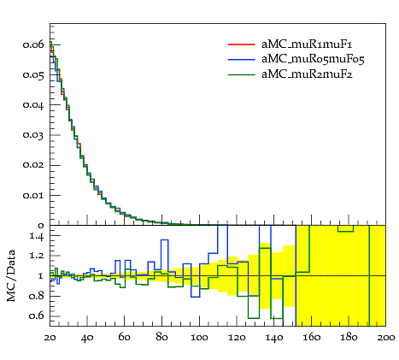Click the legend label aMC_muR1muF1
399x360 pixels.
tap(307, 44)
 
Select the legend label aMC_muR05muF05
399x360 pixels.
tap(313, 59)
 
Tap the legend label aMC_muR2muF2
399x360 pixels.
tap(307, 74)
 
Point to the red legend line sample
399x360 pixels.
tap(242, 44)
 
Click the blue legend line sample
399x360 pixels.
tap(242, 59)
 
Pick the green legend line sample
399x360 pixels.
tap(242, 74)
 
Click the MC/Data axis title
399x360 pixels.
tap(11, 276)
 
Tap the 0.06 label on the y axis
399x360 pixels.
tap(33, 44)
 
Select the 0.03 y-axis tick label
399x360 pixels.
tap(33, 135)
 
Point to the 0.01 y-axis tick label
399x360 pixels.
tap(33, 196)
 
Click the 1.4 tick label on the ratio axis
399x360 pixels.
tap(37, 236)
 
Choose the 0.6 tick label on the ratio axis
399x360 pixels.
tap(37, 316)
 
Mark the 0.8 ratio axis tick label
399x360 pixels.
tap(37, 296)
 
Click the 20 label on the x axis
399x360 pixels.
tap(50, 338)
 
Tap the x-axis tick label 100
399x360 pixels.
tap(199, 338)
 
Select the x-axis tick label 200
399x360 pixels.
tap(386, 338)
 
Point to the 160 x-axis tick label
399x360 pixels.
tap(311, 338)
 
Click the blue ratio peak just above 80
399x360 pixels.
tap(165, 240)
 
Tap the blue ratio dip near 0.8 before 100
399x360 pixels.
tap(195, 297)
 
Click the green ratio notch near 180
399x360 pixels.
tap(345, 232)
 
